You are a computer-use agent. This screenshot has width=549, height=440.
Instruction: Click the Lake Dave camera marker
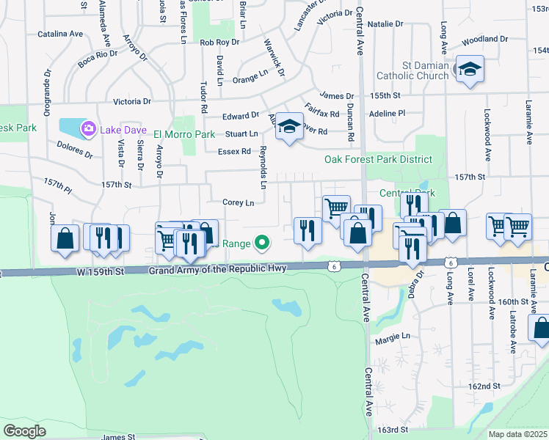(89, 129)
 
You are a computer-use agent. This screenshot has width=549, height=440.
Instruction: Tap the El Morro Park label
(183, 134)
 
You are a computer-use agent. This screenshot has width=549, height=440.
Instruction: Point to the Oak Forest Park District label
(378, 159)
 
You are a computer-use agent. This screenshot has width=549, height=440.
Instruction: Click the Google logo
(24, 430)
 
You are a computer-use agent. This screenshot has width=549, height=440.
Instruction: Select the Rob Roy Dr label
(219, 43)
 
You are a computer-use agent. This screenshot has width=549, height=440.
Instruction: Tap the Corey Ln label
(239, 202)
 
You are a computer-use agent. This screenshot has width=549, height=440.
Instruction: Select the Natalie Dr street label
(386, 24)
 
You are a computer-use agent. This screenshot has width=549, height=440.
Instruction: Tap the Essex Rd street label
(234, 151)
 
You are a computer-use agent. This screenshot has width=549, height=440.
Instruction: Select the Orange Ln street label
(250, 76)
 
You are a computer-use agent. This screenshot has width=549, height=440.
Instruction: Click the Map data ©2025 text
(517, 434)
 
